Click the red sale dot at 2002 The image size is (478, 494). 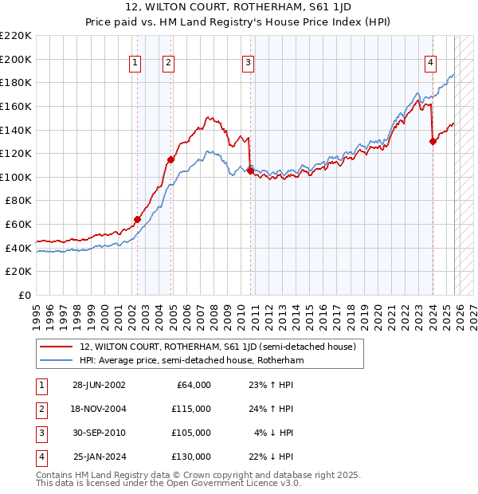[x=137, y=219]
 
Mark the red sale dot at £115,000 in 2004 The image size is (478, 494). [x=170, y=159]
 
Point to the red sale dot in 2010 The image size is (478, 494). [x=250, y=171]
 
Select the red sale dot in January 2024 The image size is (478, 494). [x=433, y=141]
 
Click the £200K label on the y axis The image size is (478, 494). [x=16, y=59]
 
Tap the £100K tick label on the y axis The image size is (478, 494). [x=16, y=177]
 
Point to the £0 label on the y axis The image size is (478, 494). [x=24, y=296]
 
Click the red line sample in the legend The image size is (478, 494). [x=57, y=347]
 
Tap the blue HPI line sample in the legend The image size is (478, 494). [x=57, y=360]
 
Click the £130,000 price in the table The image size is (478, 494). [x=191, y=457]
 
